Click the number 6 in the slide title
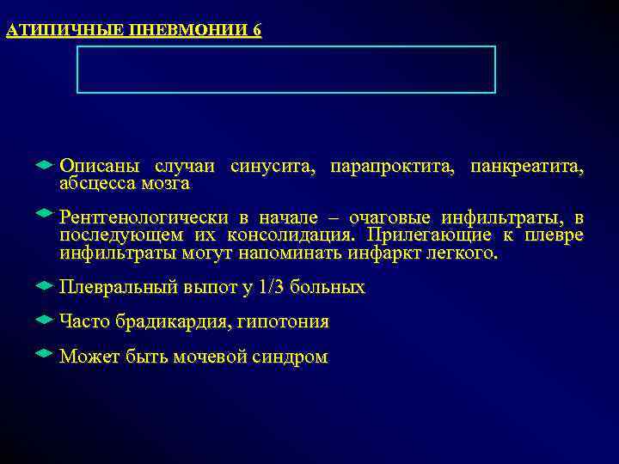(256, 31)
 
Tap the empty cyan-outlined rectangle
(286, 70)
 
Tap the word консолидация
(289, 235)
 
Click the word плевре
(555, 235)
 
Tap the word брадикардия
(166, 322)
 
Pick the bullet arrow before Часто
(46, 319)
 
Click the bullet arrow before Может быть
(46, 353)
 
